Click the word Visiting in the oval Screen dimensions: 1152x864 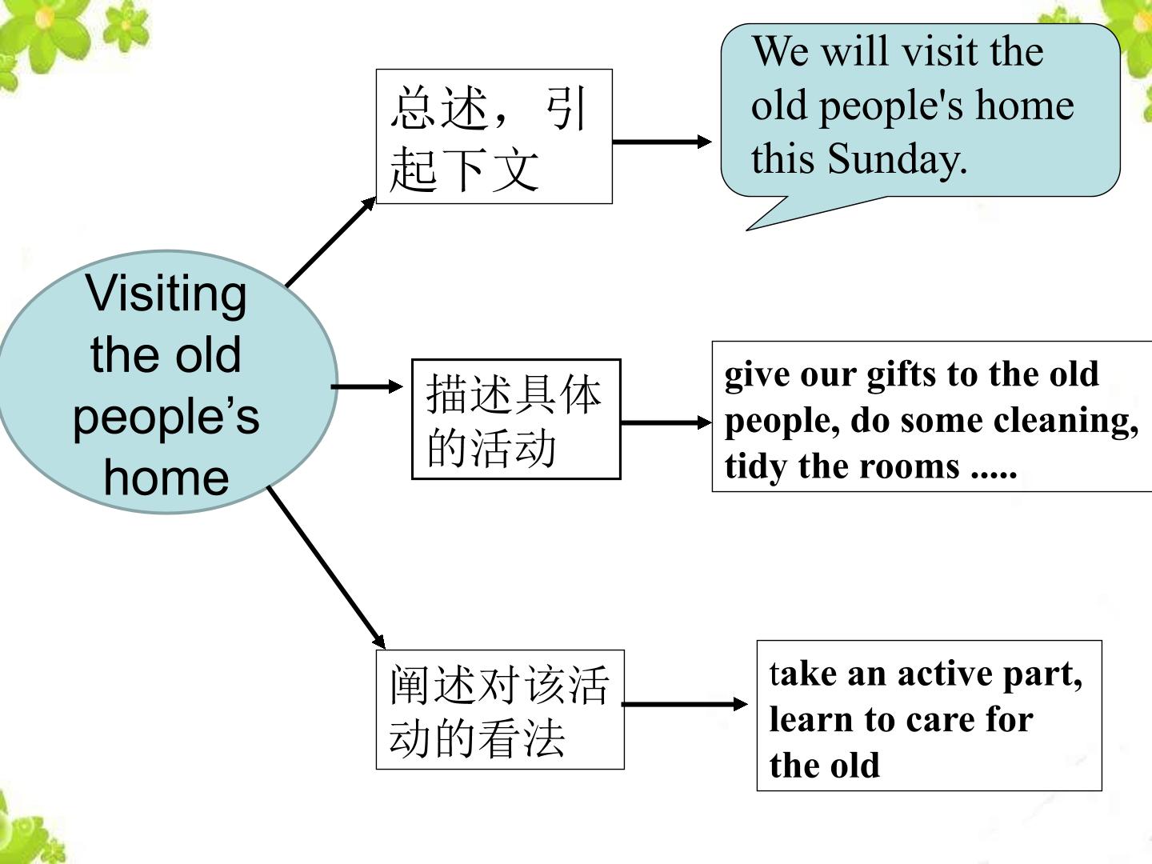pos(166,295)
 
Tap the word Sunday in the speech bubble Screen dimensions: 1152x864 pos(897,159)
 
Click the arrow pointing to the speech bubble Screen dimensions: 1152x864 pos(662,142)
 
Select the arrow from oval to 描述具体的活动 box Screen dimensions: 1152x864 pos(367,386)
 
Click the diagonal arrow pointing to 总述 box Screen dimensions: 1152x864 pos(330,242)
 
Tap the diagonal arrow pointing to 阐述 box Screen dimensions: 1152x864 pos(326,568)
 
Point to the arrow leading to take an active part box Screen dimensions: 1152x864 pos(684,704)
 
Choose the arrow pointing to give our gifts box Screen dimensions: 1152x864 pos(666,422)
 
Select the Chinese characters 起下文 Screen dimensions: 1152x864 pos(464,169)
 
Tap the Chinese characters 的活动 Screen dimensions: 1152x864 pos(491,447)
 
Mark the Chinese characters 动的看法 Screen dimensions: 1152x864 pos(477,738)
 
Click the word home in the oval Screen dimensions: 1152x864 pos(166,478)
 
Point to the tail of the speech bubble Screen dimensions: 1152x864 pos(747,230)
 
